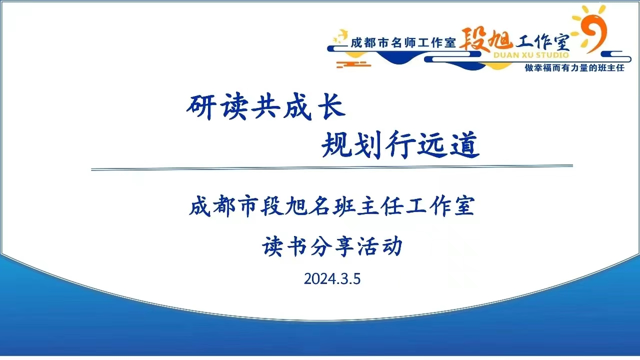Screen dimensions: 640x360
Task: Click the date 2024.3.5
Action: (x=332, y=279)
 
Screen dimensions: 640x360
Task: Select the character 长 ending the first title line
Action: (x=332, y=106)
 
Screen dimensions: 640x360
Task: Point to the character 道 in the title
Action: (x=465, y=144)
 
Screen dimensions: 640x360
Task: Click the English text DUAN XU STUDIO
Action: (x=531, y=55)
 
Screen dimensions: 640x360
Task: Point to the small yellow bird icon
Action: (x=340, y=36)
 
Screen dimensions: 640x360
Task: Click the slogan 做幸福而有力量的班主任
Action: (x=574, y=68)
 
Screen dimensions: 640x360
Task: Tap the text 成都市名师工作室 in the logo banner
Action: (x=403, y=43)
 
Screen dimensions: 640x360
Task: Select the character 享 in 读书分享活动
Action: (x=344, y=246)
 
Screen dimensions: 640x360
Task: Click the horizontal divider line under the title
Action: (x=332, y=167)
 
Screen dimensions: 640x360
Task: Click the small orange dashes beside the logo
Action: (x=353, y=64)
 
